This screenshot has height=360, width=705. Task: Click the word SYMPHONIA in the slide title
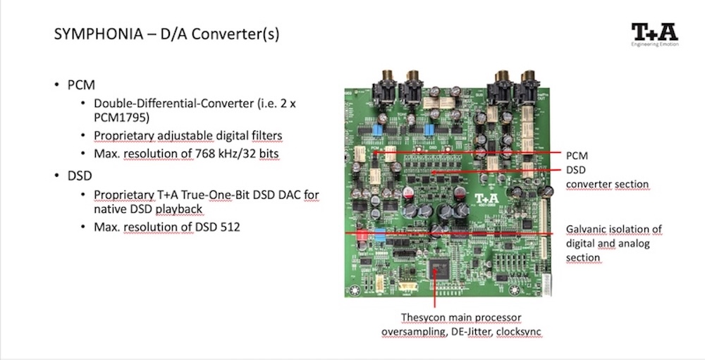click(x=89, y=35)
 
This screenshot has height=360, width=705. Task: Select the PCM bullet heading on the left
click(x=81, y=85)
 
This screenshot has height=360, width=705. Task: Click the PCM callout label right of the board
click(x=577, y=155)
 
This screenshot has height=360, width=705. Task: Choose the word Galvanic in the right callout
click(x=589, y=230)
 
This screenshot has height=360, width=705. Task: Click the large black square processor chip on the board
click(x=439, y=270)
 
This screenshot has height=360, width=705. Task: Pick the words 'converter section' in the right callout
click(x=607, y=185)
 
